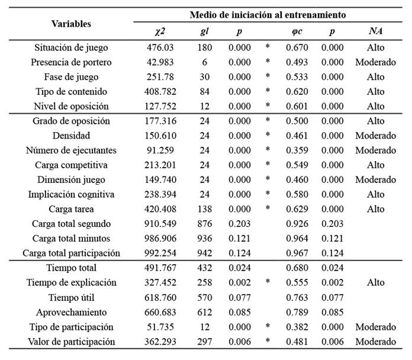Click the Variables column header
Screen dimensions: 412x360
tap(71, 24)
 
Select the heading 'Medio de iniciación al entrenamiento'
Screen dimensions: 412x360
tap(268, 15)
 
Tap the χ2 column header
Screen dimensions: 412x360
tap(160, 31)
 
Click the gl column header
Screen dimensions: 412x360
tap(204, 31)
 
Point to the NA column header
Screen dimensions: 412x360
tap(375, 31)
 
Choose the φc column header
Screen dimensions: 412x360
tap(297, 31)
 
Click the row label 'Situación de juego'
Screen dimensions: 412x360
tap(71, 48)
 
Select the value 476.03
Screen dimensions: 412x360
tap(160, 47)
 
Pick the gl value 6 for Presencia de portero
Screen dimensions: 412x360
tap(204, 62)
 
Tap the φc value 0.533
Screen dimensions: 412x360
tap(297, 77)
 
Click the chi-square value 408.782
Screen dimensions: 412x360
tap(160, 92)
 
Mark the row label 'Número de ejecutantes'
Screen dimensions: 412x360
tap(71, 150)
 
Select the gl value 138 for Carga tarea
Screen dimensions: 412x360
tap(204, 209)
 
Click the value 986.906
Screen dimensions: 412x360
tap(160, 239)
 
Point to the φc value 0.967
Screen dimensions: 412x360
tap(297, 253)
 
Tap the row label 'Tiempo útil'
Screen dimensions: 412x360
tap(71, 298)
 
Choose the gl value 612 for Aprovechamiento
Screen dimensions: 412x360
tap(204, 313)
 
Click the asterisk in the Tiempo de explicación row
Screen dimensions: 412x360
tap(268, 281)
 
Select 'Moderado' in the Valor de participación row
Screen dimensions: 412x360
tap(375, 342)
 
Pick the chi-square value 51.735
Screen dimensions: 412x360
tap(160, 327)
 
